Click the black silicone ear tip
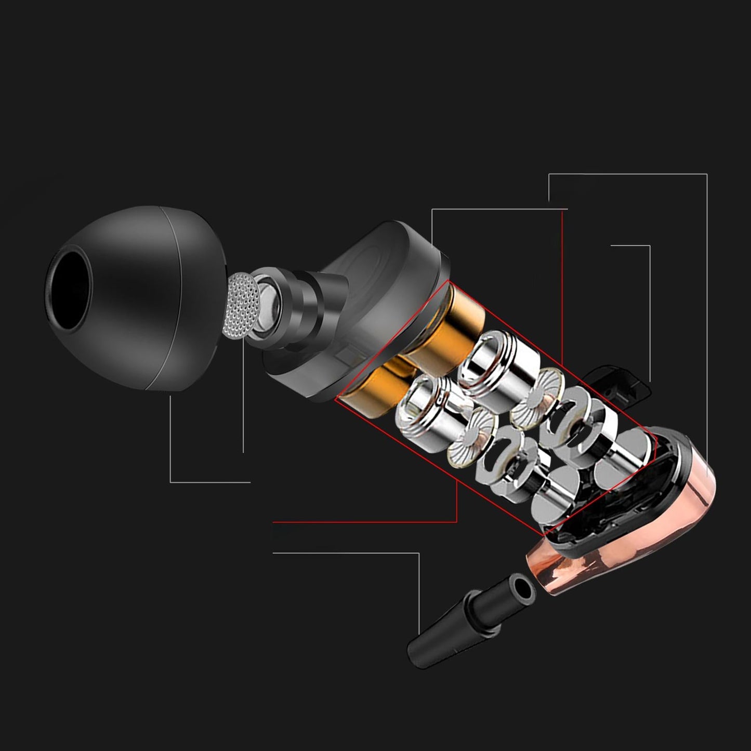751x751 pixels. pos(156,291)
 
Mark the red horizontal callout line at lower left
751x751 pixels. pos(364,521)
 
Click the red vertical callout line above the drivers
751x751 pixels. pos(562,291)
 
